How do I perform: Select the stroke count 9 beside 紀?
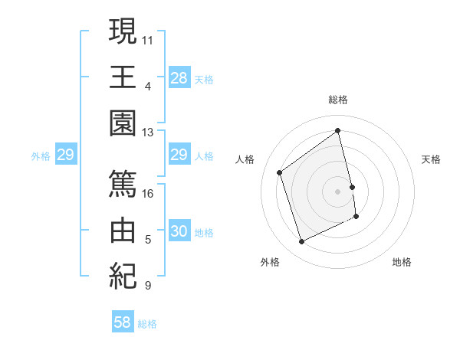[x=148, y=286]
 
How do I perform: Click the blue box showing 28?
[x=179, y=77]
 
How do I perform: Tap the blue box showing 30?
[x=179, y=231]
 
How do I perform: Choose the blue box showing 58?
[x=123, y=322]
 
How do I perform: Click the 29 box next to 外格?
[x=65, y=155]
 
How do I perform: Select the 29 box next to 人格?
[x=179, y=155]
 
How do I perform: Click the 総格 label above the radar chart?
[x=338, y=100]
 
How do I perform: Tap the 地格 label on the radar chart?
[x=402, y=262]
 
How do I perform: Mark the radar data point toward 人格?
[x=280, y=172]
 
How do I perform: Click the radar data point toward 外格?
[x=301, y=242]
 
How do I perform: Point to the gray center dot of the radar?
[x=338, y=191]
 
